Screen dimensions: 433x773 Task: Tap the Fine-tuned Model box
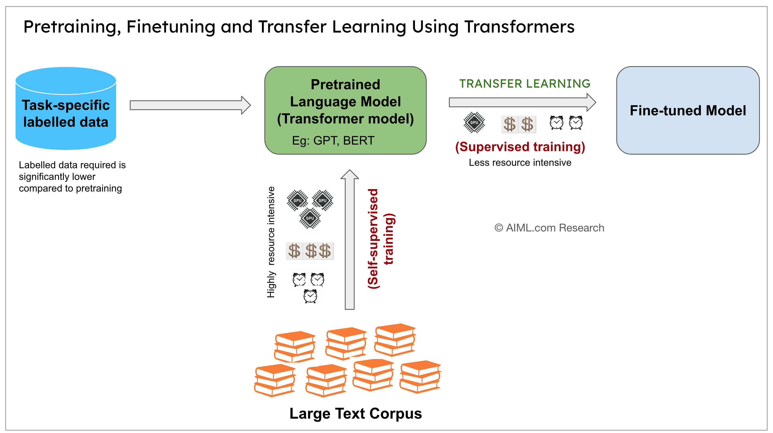pyautogui.click(x=688, y=110)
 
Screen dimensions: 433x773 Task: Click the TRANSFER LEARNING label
pyautogui.click(x=525, y=84)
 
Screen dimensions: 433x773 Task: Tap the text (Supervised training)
pyautogui.click(x=520, y=147)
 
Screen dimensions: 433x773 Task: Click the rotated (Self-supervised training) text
pyautogui.click(x=381, y=238)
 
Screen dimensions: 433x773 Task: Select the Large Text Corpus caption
pyautogui.click(x=356, y=413)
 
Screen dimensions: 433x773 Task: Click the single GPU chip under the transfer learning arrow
pyautogui.click(x=474, y=122)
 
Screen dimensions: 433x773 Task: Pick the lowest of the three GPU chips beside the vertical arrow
pyautogui.click(x=310, y=218)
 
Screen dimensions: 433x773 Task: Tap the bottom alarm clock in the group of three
pyautogui.click(x=310, y=296)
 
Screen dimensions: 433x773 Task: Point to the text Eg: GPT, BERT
pyautogui.click(x=333, y=140)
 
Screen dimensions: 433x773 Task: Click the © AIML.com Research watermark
pyautogui.click(x=549, y=228)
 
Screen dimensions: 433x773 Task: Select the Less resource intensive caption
pyautogui.click(x=520, y=163)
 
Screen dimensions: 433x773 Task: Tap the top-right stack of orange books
pyautogui.click(x=395, y=339)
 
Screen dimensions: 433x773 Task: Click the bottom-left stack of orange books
pyautogui.click(x=275, y=380)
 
